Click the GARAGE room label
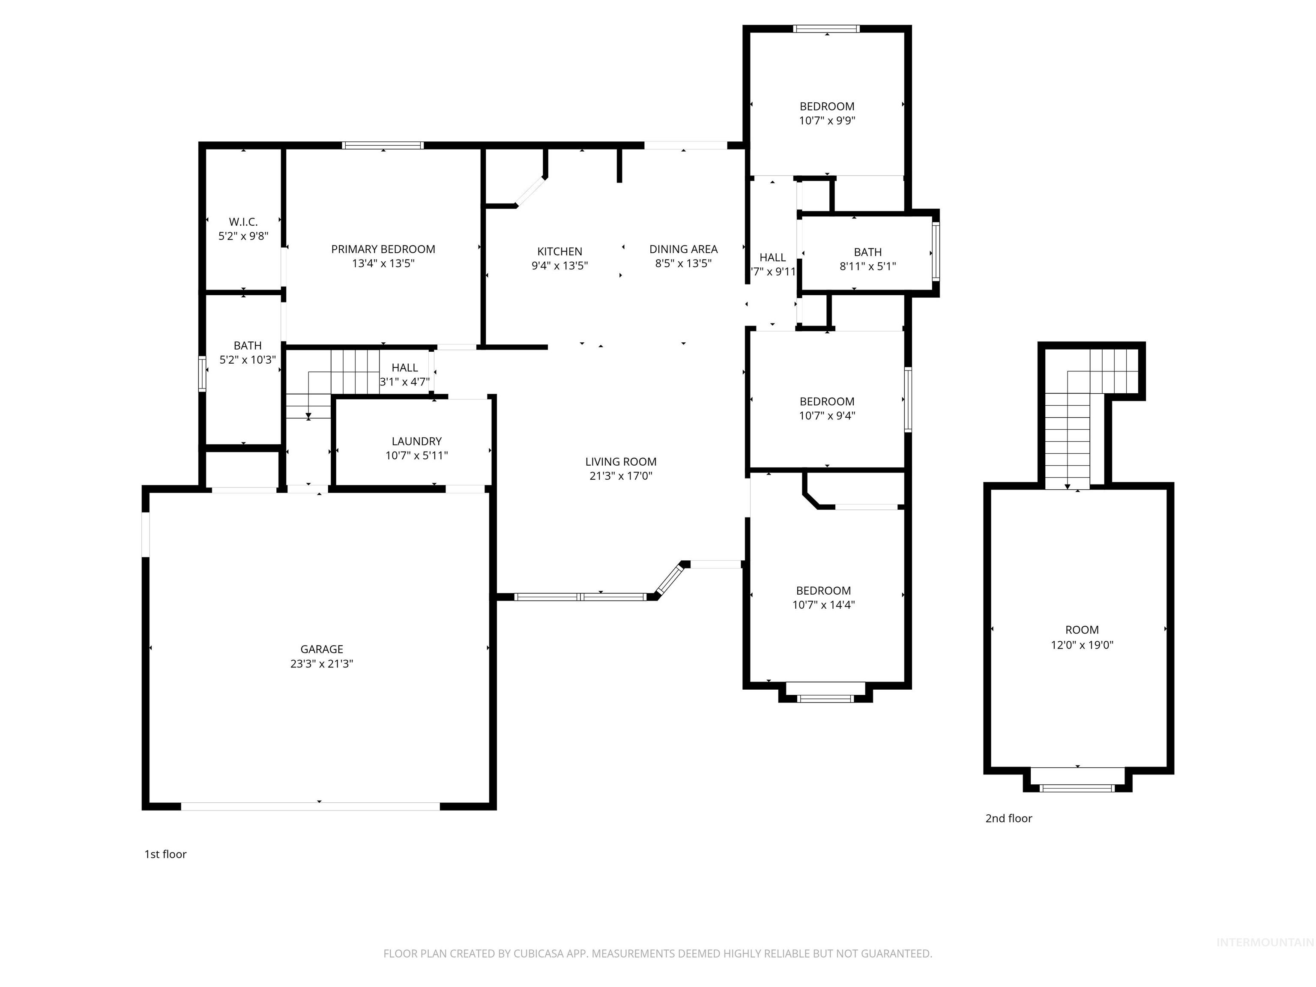(x=321, y=649)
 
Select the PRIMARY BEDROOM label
(x=383, y=249)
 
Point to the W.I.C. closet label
(x=243, y=222)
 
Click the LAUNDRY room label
(x=416, y=441)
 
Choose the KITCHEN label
(x=559, y=251)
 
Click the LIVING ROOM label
(x=621, y=462)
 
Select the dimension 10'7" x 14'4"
(x=823, y=605)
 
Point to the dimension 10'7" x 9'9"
(x=827, y=121)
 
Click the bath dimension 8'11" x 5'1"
(x=867, y=266)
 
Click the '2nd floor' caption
(x=1008, y=818)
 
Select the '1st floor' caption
(x=165, y=854)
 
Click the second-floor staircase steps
(x=1068, y=440)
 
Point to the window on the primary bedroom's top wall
(x=383, y=145)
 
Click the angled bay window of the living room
(x=669, y=579)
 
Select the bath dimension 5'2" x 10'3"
(x=248, y=360)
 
